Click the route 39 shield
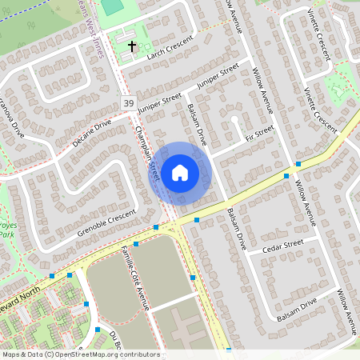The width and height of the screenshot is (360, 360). (x=129, y=104)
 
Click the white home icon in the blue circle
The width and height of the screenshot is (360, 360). (x=180, y=171)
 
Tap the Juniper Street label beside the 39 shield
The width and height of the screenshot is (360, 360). (x=159, y=102)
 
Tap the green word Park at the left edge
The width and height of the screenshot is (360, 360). (x=6, y=235)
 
